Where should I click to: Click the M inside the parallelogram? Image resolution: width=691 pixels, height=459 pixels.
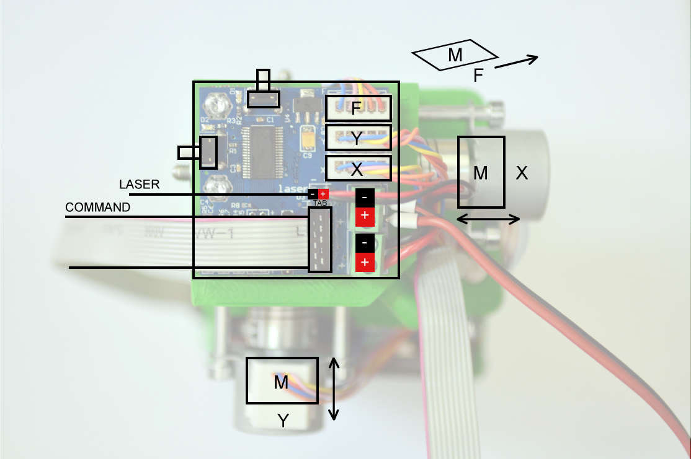point(455,56)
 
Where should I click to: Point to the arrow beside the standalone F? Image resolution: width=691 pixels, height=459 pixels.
point(516,62)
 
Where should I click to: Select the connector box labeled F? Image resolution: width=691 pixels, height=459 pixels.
point(359,108)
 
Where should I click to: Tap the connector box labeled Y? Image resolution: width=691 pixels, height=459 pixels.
point(359,138)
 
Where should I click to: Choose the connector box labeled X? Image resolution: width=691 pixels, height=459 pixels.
point(359,168)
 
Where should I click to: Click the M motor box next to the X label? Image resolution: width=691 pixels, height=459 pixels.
point(481,172)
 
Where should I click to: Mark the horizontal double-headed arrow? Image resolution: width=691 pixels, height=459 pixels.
point(488,219)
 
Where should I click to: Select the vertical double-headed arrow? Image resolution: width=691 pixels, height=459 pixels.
point(334,388)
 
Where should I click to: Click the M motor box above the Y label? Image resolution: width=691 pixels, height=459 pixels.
point(282,381)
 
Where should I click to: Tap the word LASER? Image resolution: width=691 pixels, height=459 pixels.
point(139,185)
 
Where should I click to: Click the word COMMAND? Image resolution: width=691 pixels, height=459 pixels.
point(98,208)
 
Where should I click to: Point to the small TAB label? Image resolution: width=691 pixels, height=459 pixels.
point(320,203)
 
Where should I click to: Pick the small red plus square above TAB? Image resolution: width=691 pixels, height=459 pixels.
point(323,194)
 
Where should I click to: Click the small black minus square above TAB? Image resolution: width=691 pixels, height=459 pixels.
point(313,194)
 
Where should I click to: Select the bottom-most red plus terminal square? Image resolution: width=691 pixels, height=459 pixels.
point(365,263)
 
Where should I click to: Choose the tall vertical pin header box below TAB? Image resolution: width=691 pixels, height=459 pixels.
point(320,239)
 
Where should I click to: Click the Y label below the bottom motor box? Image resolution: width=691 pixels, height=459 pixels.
point(283,421)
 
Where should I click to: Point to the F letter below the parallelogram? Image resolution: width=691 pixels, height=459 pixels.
point(478,76)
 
